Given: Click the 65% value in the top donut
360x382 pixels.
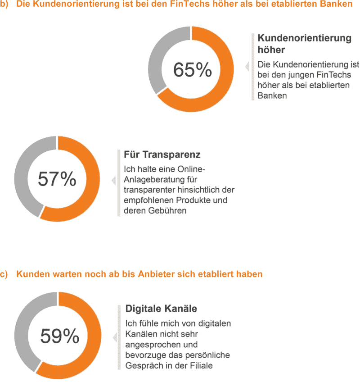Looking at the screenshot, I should coord(192,70).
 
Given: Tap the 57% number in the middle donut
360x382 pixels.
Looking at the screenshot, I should coord(57,179).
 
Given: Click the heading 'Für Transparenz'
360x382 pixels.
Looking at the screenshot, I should coord(156,155).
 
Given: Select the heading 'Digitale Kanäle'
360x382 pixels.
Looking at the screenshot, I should coord(161,309).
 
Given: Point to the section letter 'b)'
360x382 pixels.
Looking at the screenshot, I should coord(5,5).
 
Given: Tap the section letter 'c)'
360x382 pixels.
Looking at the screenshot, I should coord(5,274).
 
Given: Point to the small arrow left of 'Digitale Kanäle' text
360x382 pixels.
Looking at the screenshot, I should coord(114,337).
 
